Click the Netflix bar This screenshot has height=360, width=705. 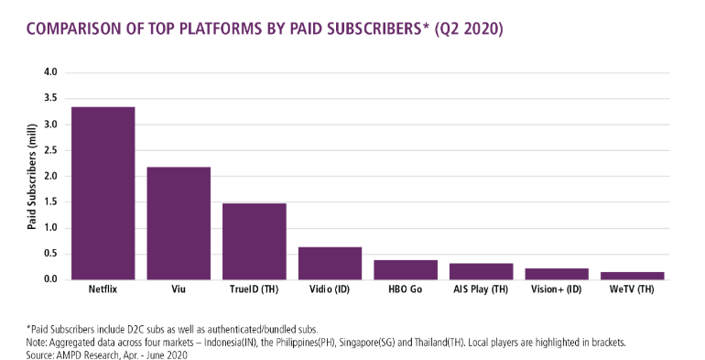[103, 193]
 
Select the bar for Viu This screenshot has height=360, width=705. [179, 224]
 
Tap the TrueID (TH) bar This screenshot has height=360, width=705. [255, 242]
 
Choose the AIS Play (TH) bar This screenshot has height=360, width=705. [481, 271]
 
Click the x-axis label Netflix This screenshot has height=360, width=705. [103, 290]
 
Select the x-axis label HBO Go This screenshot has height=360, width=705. [406, 290]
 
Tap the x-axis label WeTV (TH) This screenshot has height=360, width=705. [632, 290]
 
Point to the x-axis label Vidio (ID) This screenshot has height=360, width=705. [330, 290]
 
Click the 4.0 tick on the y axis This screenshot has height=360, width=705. [50, 72]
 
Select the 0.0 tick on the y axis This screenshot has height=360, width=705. [50, 279]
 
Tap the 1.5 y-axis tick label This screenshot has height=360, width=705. [50, 202]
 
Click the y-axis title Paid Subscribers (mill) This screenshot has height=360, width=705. [32, 176]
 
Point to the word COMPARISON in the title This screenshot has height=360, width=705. [76, 30]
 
